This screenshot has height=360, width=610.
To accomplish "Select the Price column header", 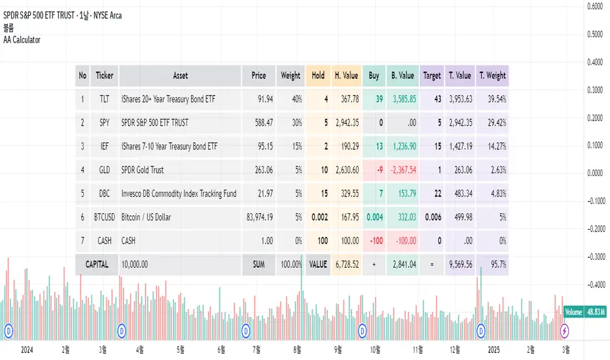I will pos(259,75).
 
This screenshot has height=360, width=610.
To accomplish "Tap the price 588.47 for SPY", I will pos(259,122).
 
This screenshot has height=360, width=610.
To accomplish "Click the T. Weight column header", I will pos(492,75).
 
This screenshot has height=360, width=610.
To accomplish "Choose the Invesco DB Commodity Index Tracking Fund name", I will pos(179,193).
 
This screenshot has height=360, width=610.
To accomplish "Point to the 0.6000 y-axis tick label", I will pos(594,7).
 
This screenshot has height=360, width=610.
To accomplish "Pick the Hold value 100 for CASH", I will pos(322,240).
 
